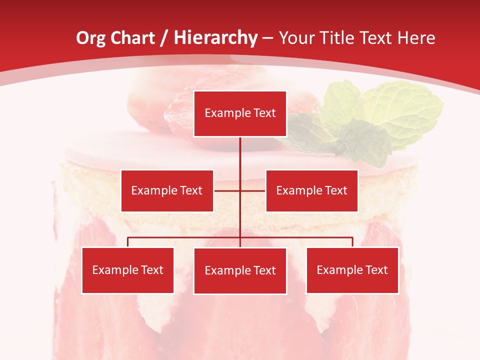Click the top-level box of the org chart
240,113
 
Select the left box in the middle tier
167,190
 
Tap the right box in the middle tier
311,190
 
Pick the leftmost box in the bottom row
127,270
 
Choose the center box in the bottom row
240,270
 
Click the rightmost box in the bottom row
352,270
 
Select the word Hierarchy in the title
215,38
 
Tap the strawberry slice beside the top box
180,112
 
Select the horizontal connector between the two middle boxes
239,190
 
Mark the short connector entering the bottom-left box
128,242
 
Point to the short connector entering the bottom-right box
352,242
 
